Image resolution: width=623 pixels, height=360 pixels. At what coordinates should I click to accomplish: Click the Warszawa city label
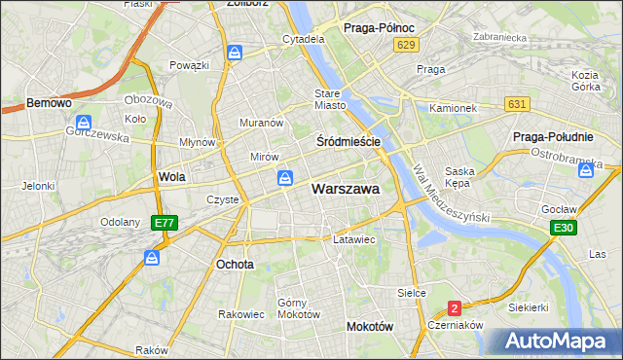point(345,190)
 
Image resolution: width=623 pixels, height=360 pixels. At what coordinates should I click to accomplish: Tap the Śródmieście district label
point(348,142)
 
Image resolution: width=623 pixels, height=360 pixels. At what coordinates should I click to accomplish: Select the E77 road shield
point(165,223)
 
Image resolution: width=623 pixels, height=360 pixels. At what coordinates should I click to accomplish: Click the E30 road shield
point(562,228)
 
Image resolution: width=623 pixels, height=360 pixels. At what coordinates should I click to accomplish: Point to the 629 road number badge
point(407,46)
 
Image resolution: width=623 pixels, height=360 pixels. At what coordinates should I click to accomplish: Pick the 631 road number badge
point(517,104)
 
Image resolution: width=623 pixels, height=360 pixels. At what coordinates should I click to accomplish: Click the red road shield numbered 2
point(454,308)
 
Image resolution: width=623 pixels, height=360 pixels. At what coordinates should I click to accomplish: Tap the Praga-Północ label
point(380,28)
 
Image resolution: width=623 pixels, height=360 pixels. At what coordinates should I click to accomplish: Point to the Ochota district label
point(235,264)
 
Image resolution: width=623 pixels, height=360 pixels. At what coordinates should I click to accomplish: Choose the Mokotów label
point(369,327)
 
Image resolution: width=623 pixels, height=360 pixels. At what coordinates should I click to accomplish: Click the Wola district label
point(171,177)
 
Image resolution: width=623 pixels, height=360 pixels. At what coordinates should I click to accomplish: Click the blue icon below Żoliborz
point(235,53)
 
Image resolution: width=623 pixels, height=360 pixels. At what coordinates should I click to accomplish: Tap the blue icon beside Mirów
point(284,178)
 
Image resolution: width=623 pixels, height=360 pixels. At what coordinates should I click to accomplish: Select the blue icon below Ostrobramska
point(586,171)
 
